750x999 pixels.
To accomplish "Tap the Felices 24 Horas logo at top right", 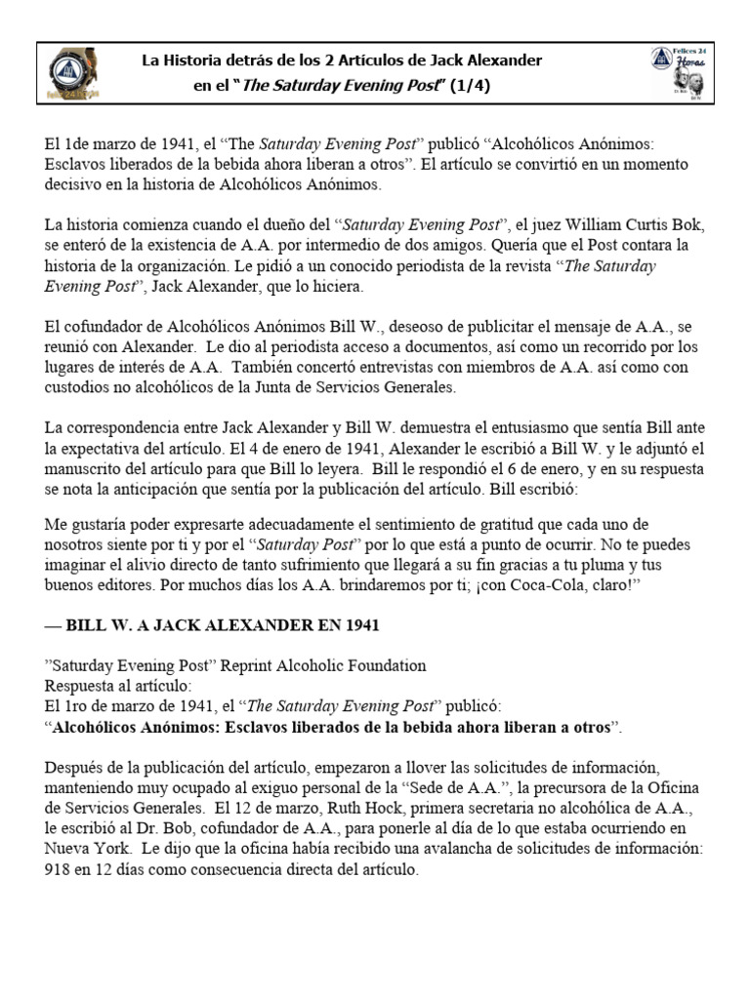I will (x=681, y=73).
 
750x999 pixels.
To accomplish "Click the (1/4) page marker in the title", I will (x=469, y=86).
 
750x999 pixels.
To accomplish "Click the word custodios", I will (x=79, y=387).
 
